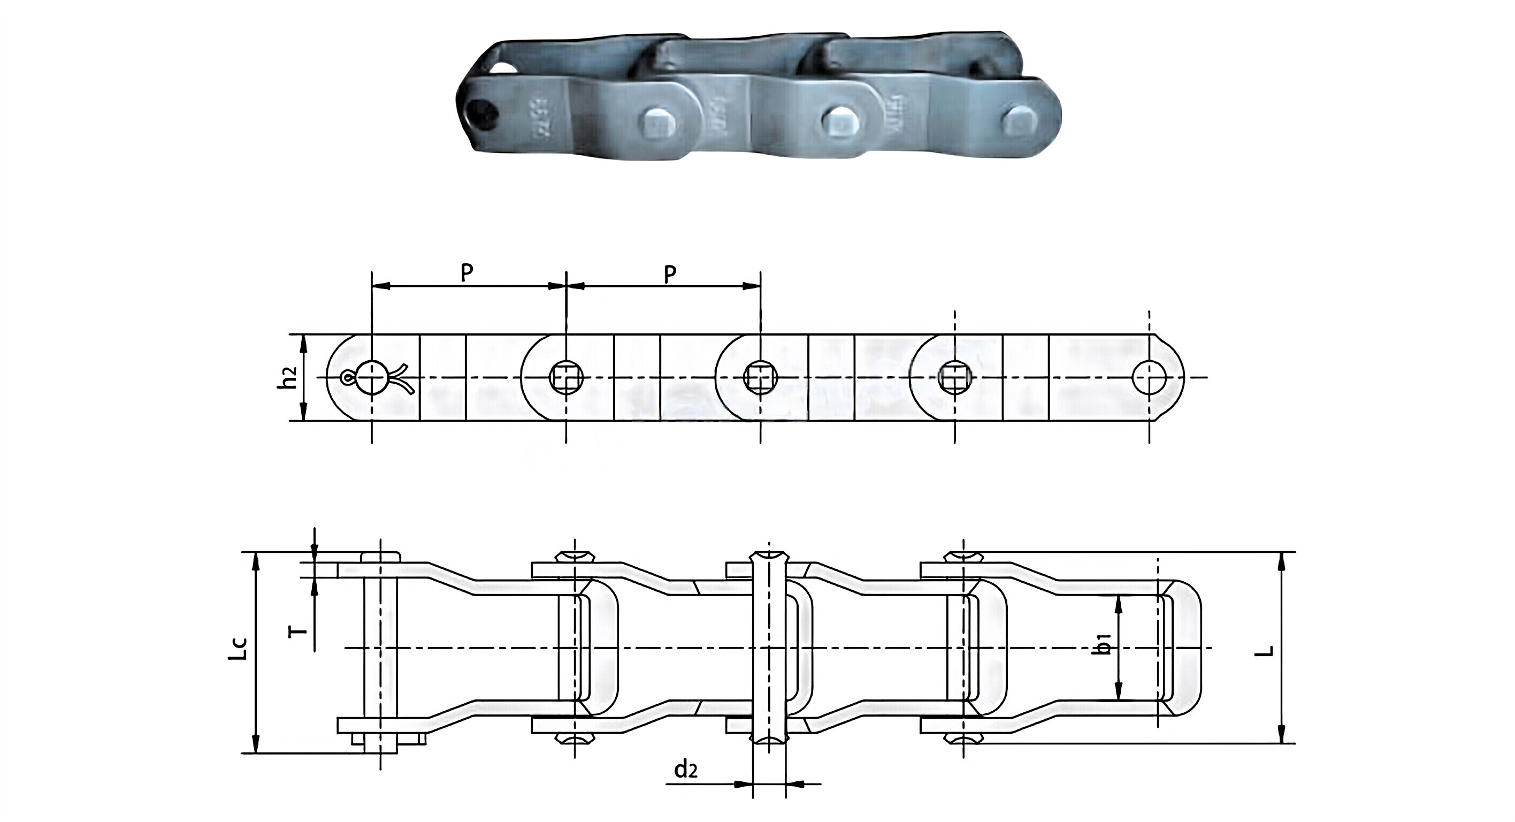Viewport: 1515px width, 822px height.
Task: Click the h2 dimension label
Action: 287,377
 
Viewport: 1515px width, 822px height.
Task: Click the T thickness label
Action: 300,632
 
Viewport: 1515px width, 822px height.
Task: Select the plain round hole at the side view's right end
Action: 1149,377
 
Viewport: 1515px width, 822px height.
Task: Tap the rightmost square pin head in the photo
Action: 1016,124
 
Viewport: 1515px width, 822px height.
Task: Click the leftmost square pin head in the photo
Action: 655,125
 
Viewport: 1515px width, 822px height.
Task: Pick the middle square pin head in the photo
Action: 837,125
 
